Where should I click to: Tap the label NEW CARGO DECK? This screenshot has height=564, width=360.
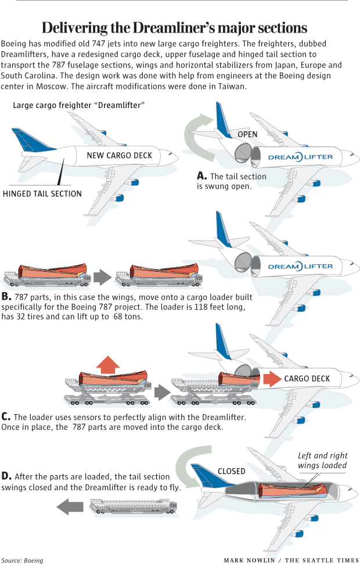[x=120, y=155]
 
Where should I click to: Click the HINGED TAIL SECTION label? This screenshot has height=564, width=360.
[x=42, y=193]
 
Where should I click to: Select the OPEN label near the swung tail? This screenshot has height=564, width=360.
[x=248, y=135]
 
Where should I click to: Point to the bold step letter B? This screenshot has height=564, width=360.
[x=6, y=297]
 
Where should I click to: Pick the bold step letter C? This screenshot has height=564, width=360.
[x=6, y=416]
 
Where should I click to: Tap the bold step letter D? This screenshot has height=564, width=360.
[x=6, y=476]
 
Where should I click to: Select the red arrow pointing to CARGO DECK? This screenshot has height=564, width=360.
[x=270, y=379]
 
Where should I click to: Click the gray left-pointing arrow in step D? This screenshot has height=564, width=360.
[x=70, y=508]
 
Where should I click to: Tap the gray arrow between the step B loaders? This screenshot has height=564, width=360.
[x=102, y=276]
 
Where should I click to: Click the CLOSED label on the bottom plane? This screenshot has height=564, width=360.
[x=231, y=471]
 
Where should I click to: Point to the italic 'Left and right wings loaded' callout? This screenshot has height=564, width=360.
[x=322, y=461]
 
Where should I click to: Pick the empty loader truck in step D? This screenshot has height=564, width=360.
[x=134, y=508]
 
